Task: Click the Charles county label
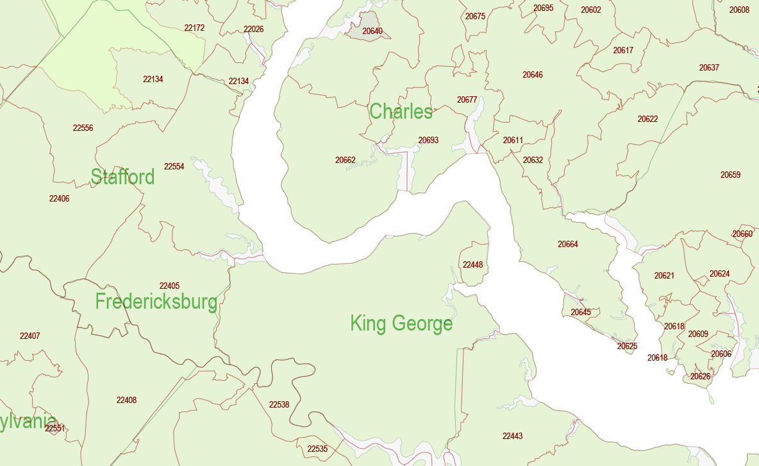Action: point(401,112)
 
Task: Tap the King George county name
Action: point(401,324)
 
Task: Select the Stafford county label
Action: point(122,177)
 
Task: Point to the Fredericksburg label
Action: point(156,302)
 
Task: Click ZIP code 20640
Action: point(372,31)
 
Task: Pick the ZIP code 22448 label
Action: point(472,264)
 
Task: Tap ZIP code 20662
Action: point(345,160)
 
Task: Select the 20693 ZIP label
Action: point(428,140)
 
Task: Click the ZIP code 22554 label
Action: point(174,166)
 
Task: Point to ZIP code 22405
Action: point(169,286)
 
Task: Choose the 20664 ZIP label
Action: point(567,244)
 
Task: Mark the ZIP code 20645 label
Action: point(581,312)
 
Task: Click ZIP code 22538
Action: point(279,404)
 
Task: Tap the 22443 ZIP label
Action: point(512,436)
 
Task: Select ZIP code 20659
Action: point(730,175)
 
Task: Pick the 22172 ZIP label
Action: point(194,28)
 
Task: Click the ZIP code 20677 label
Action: point(467,99)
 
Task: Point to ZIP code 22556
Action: point(83,128)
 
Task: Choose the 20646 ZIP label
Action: point(532,74)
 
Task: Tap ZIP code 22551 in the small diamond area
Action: point(54,428)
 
